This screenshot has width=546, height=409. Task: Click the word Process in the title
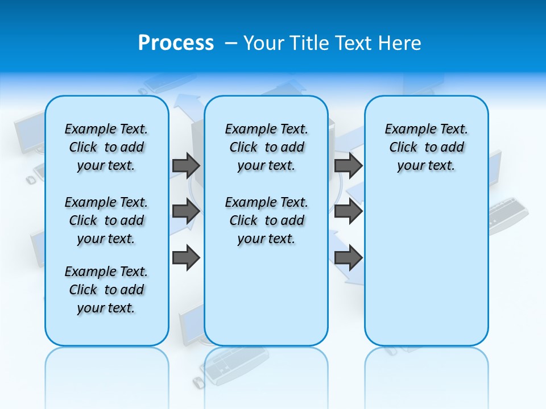(x=176, y=43)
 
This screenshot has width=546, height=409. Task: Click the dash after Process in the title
(x=231, y=43)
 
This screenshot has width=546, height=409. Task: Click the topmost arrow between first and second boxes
(x=186, y=165)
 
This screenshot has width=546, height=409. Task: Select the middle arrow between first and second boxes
(x=186, y=211)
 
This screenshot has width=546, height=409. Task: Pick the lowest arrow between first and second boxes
(x=186, y=258)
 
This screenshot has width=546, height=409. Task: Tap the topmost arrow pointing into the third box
(x=349, y=165)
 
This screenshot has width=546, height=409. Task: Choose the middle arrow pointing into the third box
(x=349, y=211)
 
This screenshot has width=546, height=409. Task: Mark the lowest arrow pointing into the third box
(x=349, y=258)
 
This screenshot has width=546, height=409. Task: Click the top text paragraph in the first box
(x=106, y=147)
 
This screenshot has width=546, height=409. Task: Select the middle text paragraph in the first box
(x=106, y=220)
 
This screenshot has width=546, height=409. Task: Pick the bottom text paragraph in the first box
(x=106, y=290)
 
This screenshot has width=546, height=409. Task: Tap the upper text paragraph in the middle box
(x=266, y=147)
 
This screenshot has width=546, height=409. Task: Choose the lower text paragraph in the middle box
(x=266, y=220)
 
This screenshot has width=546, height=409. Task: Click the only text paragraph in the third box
(x=426, y=147)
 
